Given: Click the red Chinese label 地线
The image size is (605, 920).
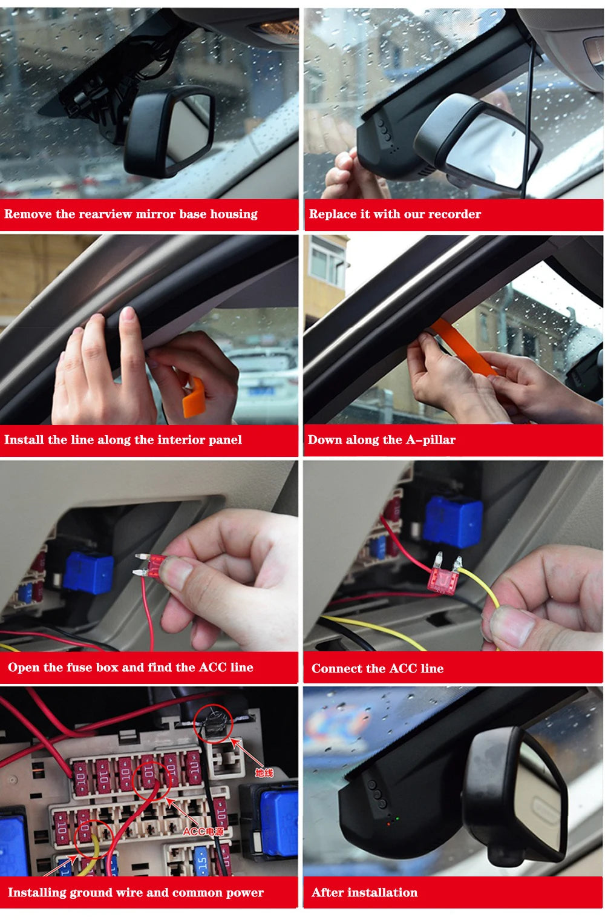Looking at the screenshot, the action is pos(264,773).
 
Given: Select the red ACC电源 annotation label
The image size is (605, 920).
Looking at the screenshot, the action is pos(203,832).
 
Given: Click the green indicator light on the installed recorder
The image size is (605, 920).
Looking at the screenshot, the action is pos(397,818).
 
